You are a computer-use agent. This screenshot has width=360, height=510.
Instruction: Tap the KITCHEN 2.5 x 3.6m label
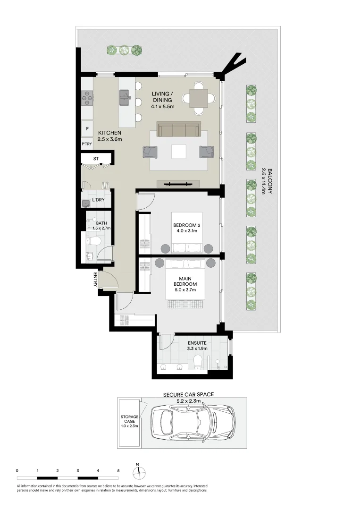point(110,136)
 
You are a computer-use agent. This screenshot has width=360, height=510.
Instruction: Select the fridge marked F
point(87,128)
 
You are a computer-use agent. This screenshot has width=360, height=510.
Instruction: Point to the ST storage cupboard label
point(96,159)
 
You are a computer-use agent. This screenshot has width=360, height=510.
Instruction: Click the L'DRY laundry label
point(98,200)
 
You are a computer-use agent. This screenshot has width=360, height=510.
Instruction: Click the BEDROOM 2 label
point(187,229)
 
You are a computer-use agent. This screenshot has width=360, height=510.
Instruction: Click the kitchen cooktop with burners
point(87,98)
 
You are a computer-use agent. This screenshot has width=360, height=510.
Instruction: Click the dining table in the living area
point(199,98)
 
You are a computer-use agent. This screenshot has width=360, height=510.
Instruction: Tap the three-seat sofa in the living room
point(178,129)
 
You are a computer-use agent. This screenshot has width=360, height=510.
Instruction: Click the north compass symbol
point(138,471)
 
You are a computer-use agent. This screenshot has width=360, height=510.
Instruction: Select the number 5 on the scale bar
point(118,471)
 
